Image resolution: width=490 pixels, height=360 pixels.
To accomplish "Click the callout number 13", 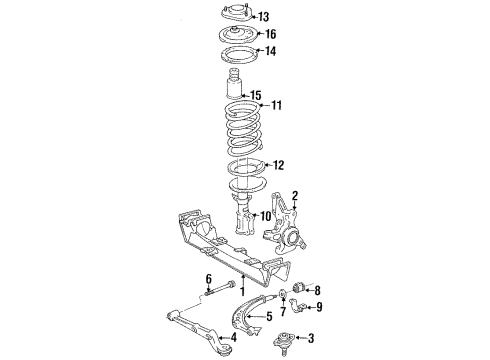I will coord(264,17).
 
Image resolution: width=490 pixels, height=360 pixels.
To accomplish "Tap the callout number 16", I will coord(269,34).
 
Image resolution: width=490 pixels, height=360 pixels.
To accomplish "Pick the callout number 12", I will coord(279,165).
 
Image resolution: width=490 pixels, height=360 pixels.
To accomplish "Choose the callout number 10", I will coord(266,244).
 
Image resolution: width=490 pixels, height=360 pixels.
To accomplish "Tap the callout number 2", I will coord(296,196).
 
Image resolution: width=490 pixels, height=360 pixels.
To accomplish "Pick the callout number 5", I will coord(267,316).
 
